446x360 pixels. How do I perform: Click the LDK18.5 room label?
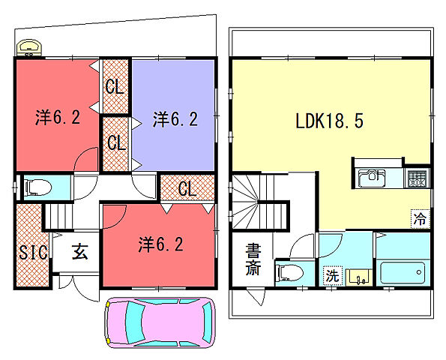[329, 121]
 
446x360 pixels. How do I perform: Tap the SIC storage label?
[33, 252]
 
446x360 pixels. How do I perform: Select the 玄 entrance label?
[79, 251]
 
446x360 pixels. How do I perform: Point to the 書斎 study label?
[253, 259]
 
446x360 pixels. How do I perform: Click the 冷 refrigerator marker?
[420, 219]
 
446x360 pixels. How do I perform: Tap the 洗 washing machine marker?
[333, 275]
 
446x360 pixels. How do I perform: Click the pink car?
[160, 322]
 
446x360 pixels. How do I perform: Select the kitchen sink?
[372, 178]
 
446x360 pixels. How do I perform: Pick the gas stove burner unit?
[418, 178]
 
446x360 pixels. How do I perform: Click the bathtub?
[403, 273]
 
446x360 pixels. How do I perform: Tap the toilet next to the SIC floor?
[38, 187]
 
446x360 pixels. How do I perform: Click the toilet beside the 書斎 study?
[289, 273]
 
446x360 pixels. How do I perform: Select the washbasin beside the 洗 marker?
[359, 277]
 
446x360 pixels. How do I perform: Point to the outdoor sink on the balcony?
[29, 47]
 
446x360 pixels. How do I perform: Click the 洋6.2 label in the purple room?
[175, 119]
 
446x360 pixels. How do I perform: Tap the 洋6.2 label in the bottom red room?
[160, 244]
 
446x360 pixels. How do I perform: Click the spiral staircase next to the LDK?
[245, 202]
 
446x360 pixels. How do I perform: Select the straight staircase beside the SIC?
[58, 216]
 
